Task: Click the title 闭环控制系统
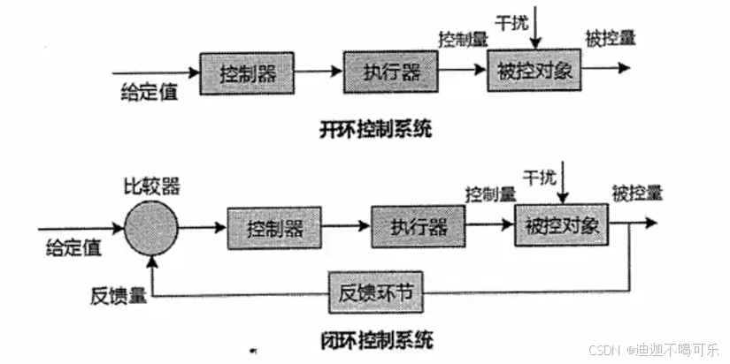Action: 376,340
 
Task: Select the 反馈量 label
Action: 112,295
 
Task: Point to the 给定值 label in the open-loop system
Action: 151,91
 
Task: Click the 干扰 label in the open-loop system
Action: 514,21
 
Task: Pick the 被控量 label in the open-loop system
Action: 610,39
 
